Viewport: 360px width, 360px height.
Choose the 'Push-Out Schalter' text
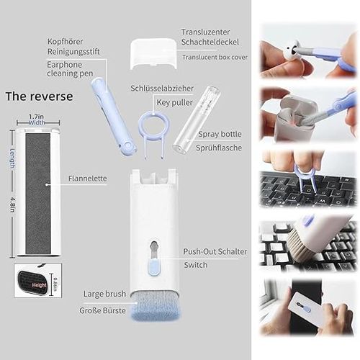(x=215, y=251)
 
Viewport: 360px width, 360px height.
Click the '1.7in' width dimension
(x=37, y=116)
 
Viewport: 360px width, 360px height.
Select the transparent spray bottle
(x=187, y=122)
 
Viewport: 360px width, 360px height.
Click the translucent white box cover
(x=153, y=55)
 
